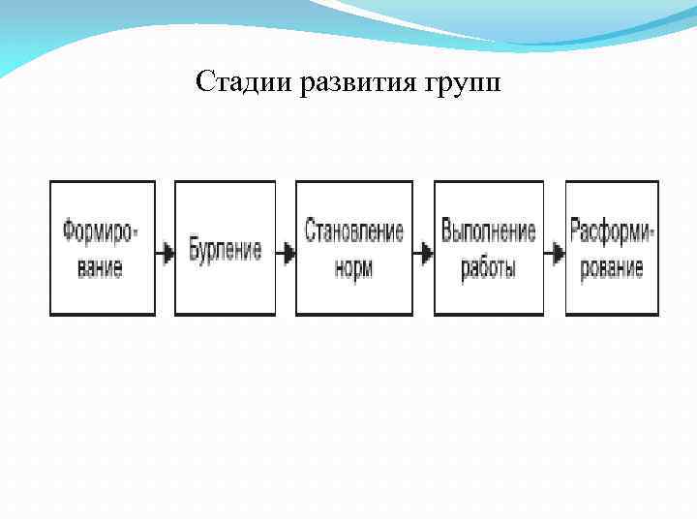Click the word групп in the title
point(463,84)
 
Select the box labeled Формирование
point(102,248)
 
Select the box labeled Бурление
point(225,248)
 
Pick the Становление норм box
point(353,248)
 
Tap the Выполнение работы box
point(488,248)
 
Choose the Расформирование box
point(612,248)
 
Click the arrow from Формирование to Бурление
point(165,254)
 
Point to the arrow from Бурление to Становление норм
point(286,254)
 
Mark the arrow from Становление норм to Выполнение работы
point(423,254)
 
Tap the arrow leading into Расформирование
point(555,254)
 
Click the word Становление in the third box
point(353,232)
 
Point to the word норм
point(354,266)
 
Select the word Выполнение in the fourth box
point(488,232)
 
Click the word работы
point(488,268)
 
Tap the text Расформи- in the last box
point(612,232)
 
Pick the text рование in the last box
point(612,266)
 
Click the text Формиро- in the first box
point(101,232)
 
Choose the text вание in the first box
point(101,266)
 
